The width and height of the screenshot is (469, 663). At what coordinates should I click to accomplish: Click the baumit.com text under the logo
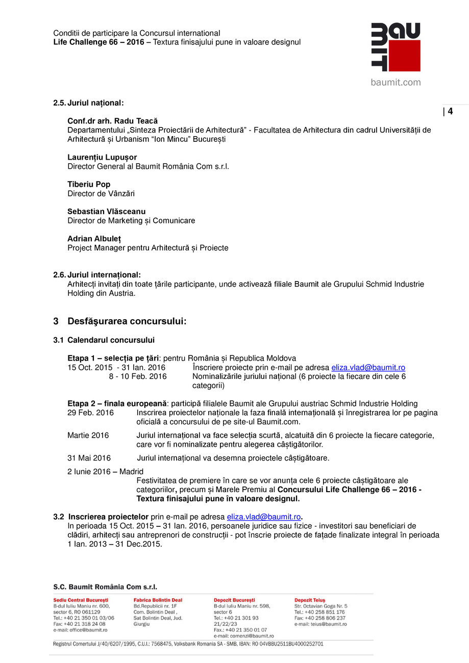[396, 82]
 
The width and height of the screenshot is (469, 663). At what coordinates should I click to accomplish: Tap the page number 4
[450, 112]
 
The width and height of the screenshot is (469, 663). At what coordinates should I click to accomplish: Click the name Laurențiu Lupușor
[102, 157]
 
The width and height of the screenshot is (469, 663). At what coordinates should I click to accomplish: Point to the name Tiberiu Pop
[89, 184]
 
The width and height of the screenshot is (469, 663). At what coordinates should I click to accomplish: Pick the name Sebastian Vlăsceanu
[106, 211]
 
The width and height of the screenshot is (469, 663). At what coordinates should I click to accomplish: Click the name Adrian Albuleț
[94, 238]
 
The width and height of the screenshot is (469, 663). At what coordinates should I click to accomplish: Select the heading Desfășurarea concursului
[127, 321]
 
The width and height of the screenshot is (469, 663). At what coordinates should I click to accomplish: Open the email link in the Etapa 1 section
[368, 367]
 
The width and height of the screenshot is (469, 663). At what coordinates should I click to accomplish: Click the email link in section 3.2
[263, 517]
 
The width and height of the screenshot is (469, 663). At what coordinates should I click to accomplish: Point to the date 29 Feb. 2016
[90, 412]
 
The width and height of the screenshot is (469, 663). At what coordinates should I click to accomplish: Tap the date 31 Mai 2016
[89, 457]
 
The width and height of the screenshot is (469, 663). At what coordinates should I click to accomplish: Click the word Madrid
[131, 471]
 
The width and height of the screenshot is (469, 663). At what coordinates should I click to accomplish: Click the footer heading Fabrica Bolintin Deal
[157, 600]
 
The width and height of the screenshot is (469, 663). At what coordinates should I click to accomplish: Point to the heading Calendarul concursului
[111, 340]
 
